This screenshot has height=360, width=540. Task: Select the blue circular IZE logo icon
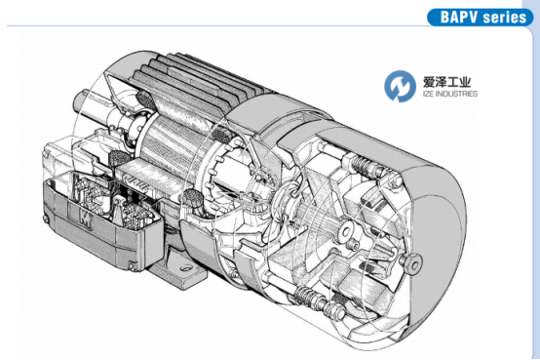(x=400, y=86)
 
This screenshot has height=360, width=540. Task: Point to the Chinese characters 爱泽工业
(x=446, y=82)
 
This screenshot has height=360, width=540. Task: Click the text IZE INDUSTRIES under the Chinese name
(x=449, y=94)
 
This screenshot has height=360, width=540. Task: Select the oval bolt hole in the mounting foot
(x=186, y=267)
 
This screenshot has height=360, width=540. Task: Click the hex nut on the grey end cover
(x=412, y=262)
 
